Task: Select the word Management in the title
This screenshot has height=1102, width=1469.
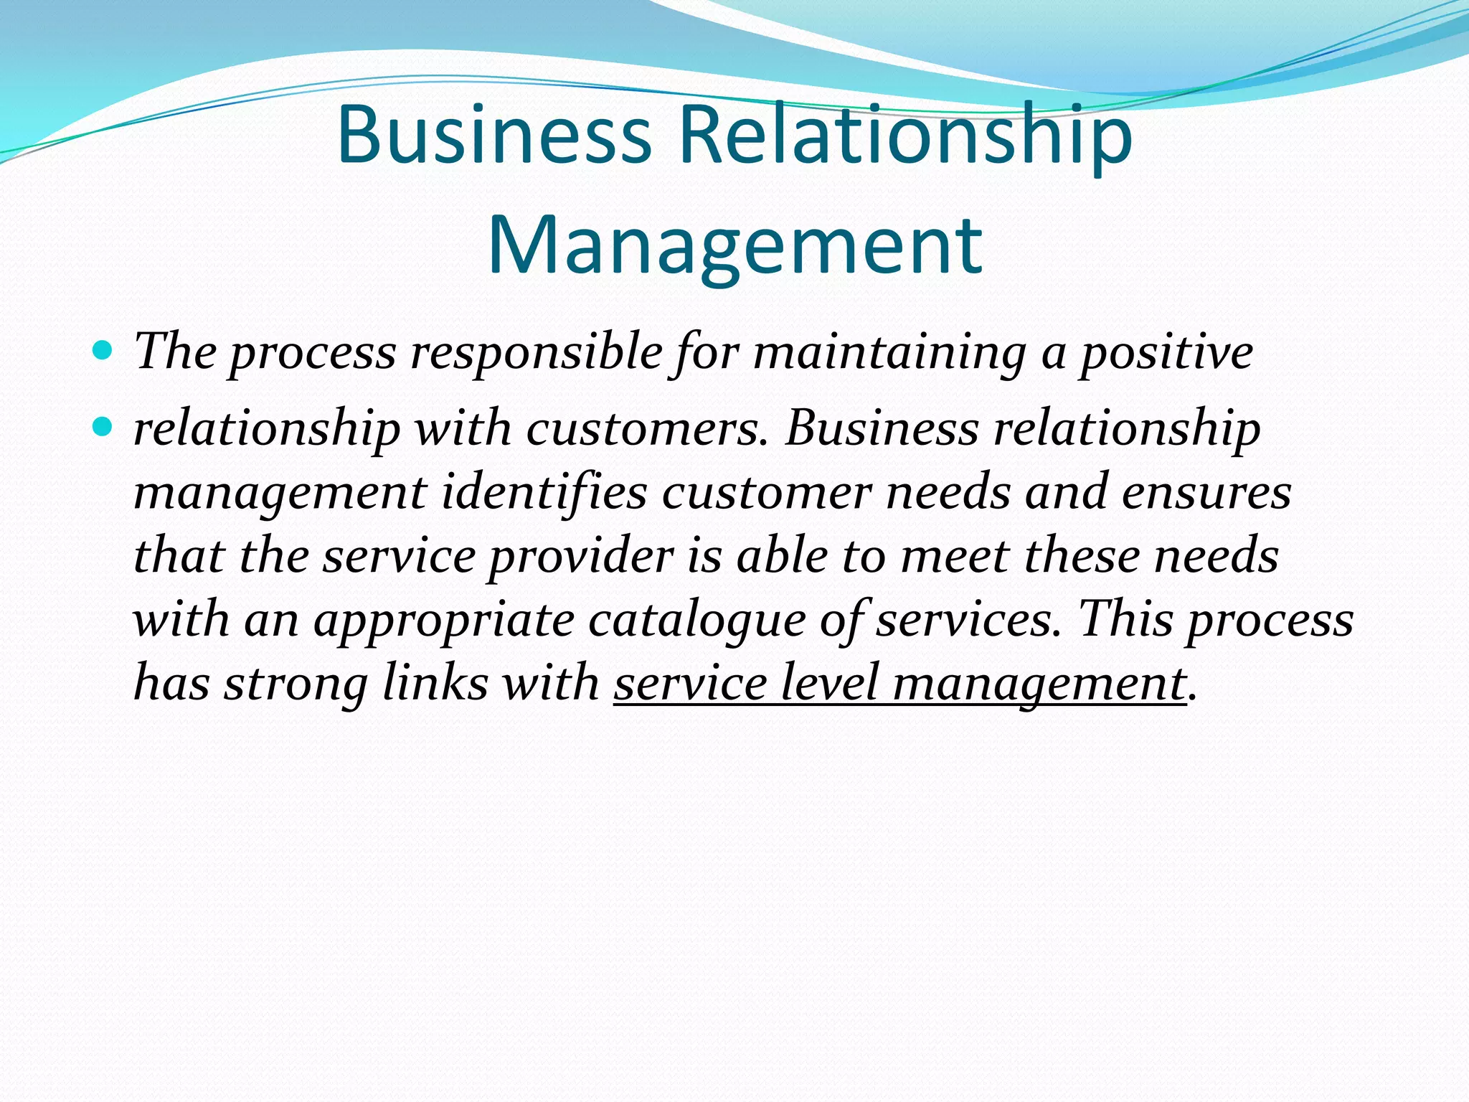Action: coord(734,245)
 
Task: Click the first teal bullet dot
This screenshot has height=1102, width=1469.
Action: coord(103,352)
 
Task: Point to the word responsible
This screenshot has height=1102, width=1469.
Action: coord(536,353)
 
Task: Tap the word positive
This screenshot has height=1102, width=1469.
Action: coord(1167,353)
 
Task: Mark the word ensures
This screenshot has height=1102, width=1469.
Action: coord(1206,492)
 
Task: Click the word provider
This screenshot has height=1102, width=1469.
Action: coord(580,557)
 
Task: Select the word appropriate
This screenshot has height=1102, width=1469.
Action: coord(444,620)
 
